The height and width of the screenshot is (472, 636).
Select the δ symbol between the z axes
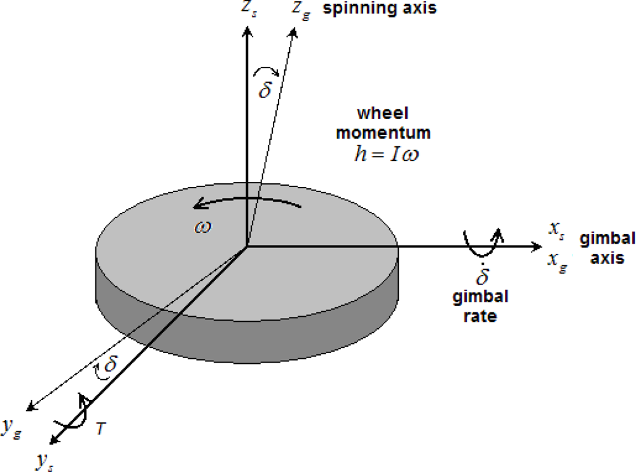[x=265, y=88]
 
